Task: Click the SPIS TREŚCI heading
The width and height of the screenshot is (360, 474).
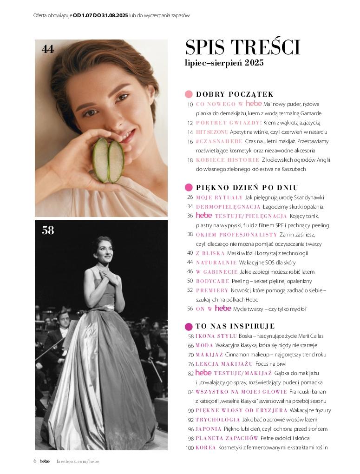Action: click(x=242, y=47)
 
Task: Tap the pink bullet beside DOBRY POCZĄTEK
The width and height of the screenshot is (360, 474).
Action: click(x=189, y=94)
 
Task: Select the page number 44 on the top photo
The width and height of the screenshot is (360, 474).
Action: click(x=48, y=49)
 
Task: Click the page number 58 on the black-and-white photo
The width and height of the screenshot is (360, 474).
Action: click(x=48, y=230)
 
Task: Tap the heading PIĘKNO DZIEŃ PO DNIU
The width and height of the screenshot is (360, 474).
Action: click(x=247, y=188)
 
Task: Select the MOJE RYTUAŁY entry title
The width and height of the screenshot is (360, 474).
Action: click(x=219, y=197)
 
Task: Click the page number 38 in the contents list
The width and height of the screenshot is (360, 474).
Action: click(x=190, y=235)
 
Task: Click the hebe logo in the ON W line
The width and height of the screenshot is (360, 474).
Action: click(x=223, y=309)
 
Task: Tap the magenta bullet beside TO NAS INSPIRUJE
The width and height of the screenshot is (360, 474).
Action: click(x=189, y=326)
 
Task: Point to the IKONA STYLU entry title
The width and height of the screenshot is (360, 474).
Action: click(x=216, y=336)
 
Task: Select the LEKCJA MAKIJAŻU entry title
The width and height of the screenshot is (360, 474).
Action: click(x=224, y=364)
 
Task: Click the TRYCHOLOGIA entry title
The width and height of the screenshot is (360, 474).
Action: click(x=217, y=420)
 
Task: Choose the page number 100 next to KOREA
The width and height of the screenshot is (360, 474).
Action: click(x=189, y=448)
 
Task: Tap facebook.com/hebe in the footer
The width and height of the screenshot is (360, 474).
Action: click(x=78, y=461)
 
